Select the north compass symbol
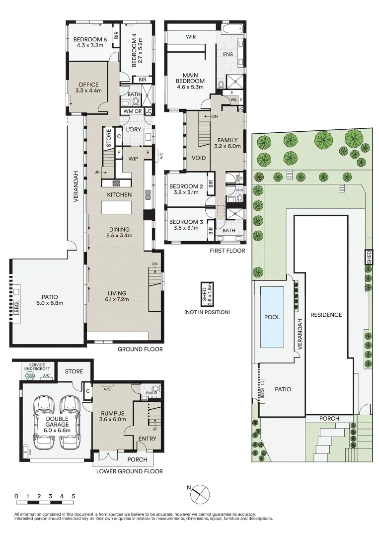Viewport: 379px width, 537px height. (x=200, y=493)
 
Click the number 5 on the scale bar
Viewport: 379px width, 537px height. (x=74, y=496)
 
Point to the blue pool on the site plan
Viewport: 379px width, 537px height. (x=272, y=317)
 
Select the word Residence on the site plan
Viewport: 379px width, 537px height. (x=326, y=315)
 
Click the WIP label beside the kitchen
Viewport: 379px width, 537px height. (x=133, y=160)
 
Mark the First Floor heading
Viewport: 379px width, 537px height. (x=228, y=251)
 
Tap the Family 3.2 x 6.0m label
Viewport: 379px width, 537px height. (x=227, y=143)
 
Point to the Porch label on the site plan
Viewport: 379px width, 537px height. (x=329, y=419)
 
